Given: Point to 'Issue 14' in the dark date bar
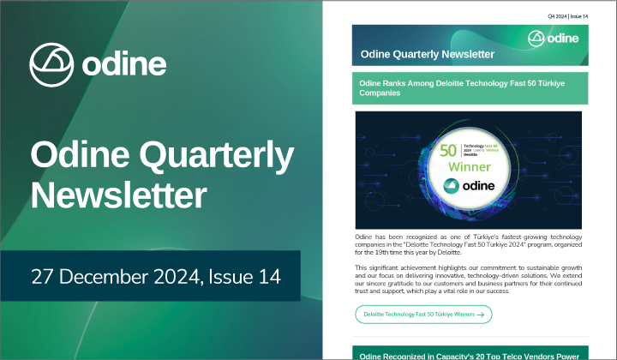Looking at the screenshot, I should (x=245, y=276).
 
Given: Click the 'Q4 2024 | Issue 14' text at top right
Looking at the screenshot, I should (x=568, y=16).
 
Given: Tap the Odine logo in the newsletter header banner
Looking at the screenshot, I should (x=554, y=39).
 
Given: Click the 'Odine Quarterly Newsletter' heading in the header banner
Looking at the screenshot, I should (x=428, y=54).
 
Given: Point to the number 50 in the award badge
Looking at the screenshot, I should (x=447, y=148).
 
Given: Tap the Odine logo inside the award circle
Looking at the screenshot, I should (x=467, y=187).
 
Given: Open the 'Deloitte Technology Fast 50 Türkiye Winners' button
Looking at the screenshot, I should (x=423, y=315).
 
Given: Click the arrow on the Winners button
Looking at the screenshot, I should (x=482, y=315).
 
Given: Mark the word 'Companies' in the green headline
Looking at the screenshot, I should (x=380, y=92).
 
